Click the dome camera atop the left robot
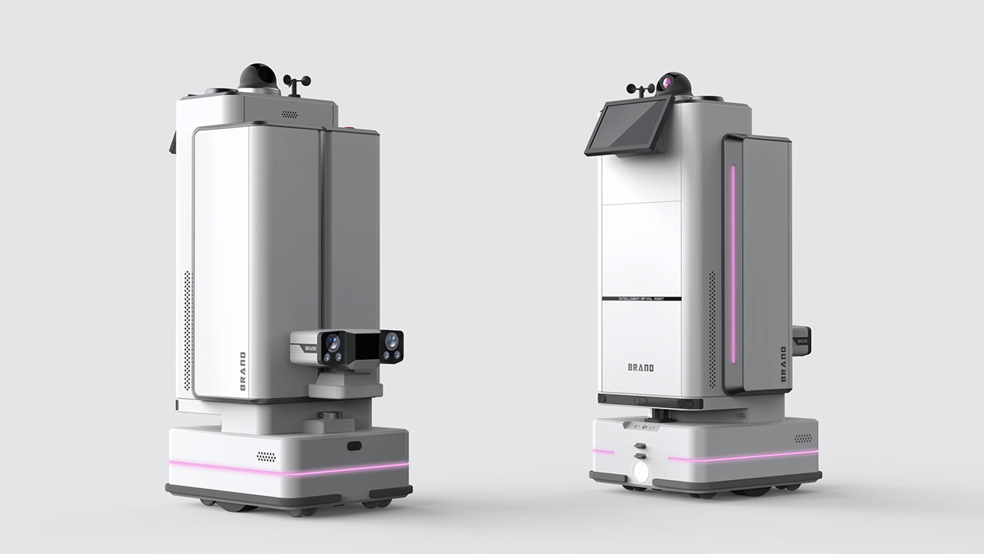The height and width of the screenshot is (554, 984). click(258, 78)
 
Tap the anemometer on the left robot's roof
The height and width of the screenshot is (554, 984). click(297, 84)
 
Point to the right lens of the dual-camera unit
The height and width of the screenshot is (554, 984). click(392, 340)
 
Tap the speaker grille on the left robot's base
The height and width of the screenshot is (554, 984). click(266, 456)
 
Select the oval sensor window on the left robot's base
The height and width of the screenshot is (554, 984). click(354, 446)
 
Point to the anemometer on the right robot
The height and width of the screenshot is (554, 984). click(640, 91)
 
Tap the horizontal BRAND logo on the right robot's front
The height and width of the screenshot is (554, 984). click(640, 367)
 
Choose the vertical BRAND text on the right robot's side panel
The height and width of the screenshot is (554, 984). click(783, 364)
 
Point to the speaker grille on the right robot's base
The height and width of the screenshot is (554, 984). click(803, 439)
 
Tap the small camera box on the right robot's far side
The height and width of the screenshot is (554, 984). click(801, 336)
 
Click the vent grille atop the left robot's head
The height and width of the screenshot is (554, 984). click(290, 114)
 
